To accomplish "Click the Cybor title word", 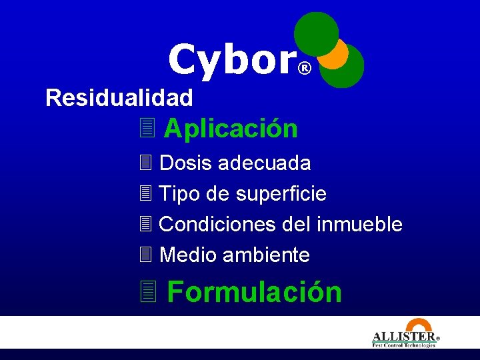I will click(231, 60).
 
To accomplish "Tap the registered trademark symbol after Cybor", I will click(304, 69).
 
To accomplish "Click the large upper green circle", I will click(316, 33).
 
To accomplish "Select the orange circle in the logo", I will click(336, 54).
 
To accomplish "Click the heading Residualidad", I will click(119, 99).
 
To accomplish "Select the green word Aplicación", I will click(231, 128).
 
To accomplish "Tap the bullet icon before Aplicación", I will click(147, 127).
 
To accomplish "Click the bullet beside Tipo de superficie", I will click(146, 194).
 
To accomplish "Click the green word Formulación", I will click(254, 292).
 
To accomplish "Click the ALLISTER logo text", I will click(404, 337).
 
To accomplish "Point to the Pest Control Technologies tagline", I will click(404, 345).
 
